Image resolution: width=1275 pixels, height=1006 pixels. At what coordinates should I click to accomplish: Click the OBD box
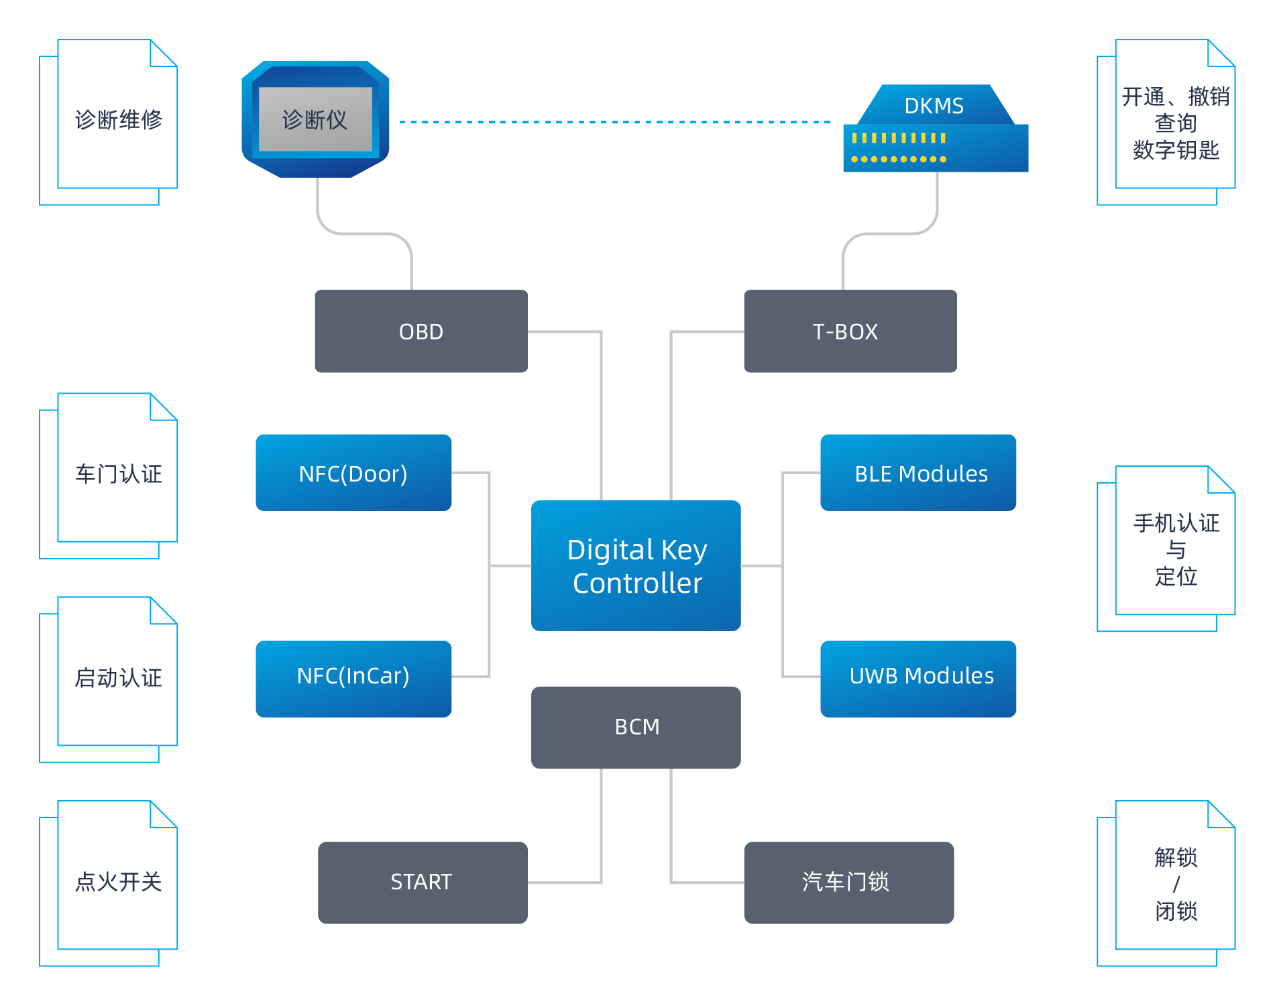pos(421,331)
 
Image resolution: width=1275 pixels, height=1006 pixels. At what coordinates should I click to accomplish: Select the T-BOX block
pos(850,331)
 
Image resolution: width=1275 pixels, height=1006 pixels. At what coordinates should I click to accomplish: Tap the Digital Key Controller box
pos(636,565)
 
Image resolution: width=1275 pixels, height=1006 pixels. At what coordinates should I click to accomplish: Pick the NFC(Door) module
pos(353,473)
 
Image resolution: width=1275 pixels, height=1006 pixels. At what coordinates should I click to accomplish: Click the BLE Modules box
pos(918,473)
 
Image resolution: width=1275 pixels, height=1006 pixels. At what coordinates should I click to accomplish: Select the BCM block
pos(636,727)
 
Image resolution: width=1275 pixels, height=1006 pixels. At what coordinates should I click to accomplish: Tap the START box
pos(423,883)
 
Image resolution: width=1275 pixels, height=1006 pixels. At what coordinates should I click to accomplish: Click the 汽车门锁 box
pos(848,883)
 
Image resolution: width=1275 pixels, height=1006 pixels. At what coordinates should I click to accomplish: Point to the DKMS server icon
pos(936,131)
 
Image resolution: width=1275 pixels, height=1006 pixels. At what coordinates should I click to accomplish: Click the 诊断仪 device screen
pos(315,119)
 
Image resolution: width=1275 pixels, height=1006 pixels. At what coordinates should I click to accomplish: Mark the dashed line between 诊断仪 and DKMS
pos(614,122)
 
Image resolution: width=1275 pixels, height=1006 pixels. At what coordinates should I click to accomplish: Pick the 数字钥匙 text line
pos(1176,150)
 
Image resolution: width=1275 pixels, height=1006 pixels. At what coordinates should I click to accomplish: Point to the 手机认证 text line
pos(1176,523)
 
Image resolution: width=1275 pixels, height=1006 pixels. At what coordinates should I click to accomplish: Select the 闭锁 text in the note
pos(1176,911)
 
